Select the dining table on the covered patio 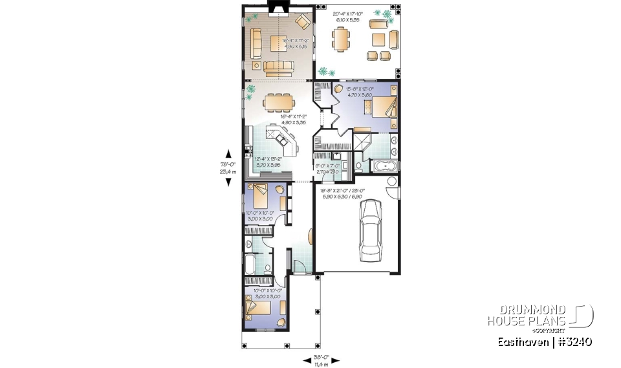(x=340, y=38)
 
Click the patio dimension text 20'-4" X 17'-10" (x=348, y=16)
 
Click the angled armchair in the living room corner (x=301, y=21)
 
